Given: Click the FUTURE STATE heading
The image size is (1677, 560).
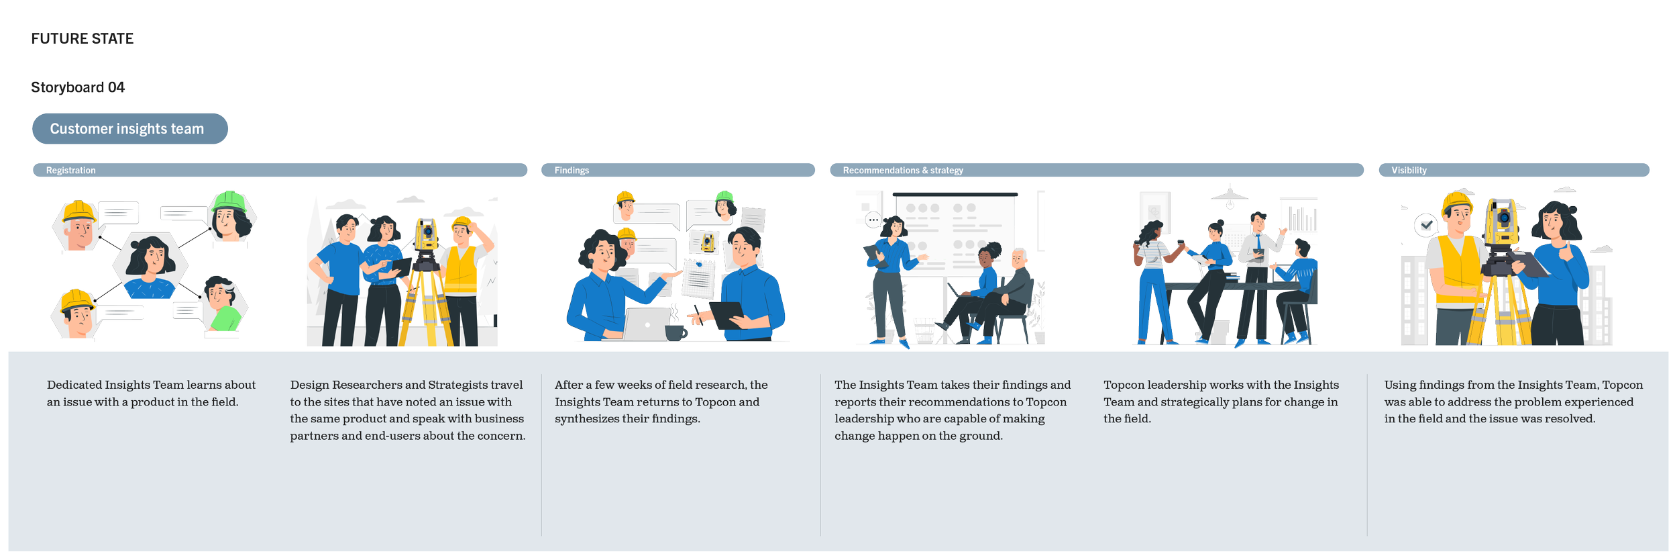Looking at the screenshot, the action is tap(83, 39).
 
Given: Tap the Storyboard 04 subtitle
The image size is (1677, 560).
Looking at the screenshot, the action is tap(78, 87).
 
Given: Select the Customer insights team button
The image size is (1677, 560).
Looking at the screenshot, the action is tap(130, 129).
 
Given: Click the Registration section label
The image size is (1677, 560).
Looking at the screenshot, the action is tap(70, 171).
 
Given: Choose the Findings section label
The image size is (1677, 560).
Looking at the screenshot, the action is tap(572, 171).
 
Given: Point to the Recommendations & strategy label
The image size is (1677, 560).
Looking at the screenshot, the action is tap(903, 171).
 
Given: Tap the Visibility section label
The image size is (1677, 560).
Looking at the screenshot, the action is tap(1409, 171).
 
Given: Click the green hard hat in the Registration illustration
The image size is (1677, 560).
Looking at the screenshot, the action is tap(229, 201).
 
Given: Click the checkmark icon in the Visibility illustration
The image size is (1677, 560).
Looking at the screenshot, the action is tap(1426, 225).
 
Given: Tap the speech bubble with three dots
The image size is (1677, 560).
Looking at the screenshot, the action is tap(873, 220).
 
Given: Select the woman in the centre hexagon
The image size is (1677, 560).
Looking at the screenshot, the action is tap(150, 267).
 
